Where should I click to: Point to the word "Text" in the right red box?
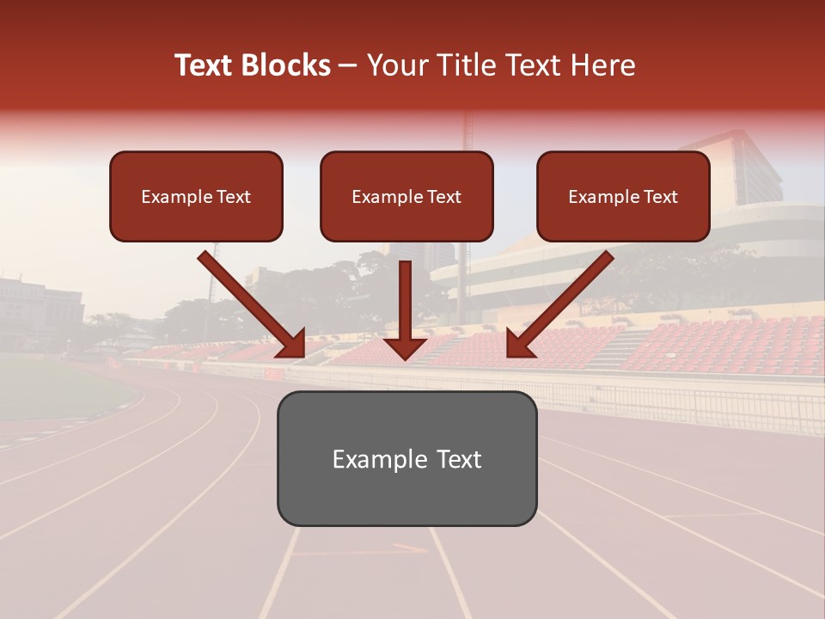660,197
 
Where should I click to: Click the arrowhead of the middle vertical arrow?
405,347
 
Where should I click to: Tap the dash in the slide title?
348,66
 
